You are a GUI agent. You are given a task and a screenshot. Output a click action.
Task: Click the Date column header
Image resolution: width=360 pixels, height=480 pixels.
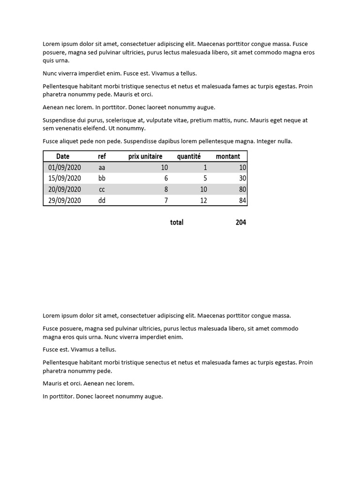click(63, 157)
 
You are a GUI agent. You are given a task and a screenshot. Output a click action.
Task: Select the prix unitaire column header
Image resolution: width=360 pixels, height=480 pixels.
click(145, 157)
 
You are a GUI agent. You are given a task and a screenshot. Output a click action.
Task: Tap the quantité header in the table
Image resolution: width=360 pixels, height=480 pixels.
click(189, 157)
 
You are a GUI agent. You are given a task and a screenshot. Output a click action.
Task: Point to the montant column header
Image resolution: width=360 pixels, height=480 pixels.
click(228, 157)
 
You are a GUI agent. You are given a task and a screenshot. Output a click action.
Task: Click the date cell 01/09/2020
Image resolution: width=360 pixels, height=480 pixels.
click(65, 167)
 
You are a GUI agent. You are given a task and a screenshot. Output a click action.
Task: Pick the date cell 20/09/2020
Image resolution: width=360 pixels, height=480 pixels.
click(65, 189)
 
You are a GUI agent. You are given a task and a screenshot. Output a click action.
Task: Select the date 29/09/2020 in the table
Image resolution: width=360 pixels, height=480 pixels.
click(65, 201)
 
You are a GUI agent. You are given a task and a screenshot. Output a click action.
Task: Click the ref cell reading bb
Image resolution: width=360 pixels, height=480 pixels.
click(102, 179)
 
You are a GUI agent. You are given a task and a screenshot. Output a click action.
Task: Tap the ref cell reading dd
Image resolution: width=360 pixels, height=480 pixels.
click(102, 201)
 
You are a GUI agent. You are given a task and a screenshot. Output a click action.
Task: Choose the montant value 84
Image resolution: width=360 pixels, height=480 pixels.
click(242, 201)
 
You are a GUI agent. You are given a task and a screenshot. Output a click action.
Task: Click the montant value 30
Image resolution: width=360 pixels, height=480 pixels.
click(242, 179)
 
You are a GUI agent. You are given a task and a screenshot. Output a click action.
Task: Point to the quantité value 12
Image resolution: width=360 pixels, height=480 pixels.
click(203, 201)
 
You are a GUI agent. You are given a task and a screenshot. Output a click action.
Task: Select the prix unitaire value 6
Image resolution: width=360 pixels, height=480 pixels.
click(166, 179)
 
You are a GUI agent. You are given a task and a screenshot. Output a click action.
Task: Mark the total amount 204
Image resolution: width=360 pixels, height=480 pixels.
click(241, 223)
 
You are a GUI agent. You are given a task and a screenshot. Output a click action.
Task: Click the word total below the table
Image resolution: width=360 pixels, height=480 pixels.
click(177, 223)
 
